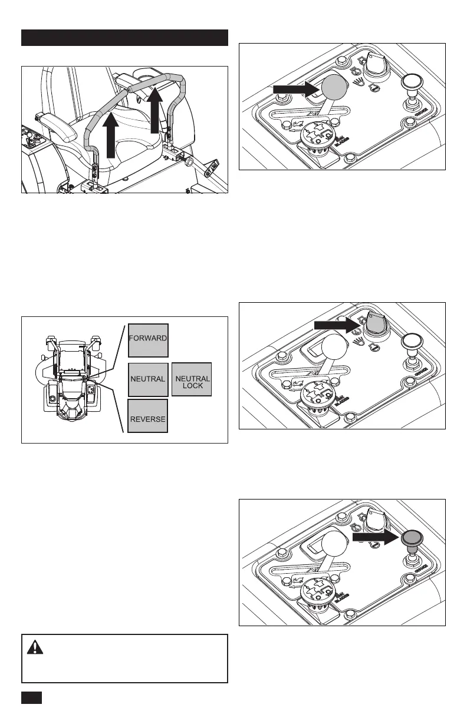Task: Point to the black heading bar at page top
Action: (x=124, y=38)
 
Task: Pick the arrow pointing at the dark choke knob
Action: (x=375, y=538)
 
